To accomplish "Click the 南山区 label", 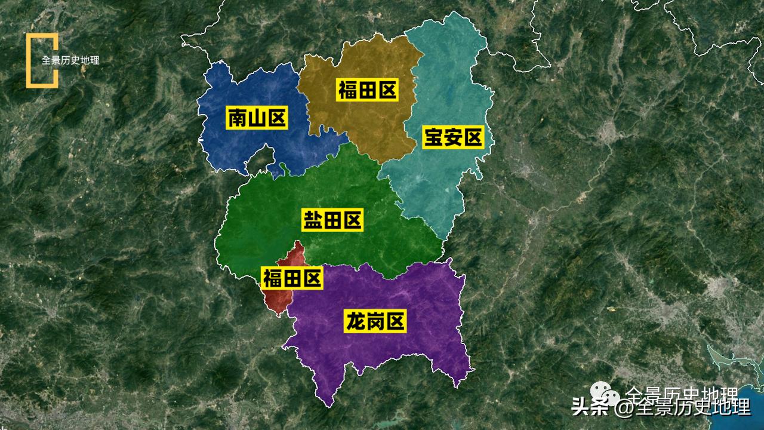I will [257, 118].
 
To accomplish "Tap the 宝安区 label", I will [452, 137].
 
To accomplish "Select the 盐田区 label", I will [332, 220].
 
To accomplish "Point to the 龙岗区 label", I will [375, 321].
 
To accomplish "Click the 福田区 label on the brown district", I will [367, 91].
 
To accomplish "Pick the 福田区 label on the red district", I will [292, 278].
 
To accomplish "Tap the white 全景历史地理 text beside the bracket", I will [70, 60].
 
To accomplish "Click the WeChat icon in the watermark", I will [606, 395].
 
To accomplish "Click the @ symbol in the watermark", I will [623, 408].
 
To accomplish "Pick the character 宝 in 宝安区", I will [433, 137].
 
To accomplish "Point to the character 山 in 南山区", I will [257, 118].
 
